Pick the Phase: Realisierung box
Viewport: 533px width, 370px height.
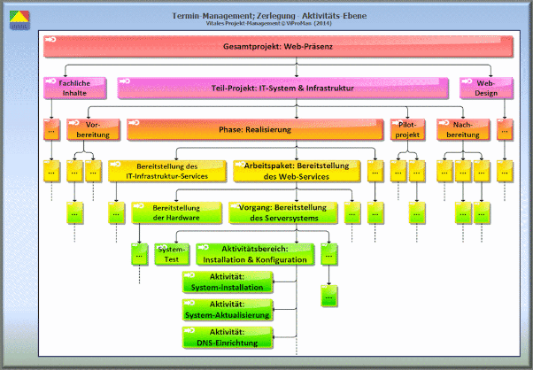(255, 129)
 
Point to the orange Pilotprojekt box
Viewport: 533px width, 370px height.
(407, 129)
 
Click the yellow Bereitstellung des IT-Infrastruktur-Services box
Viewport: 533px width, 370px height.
(166, 171)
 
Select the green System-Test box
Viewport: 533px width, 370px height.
(171, 254)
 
